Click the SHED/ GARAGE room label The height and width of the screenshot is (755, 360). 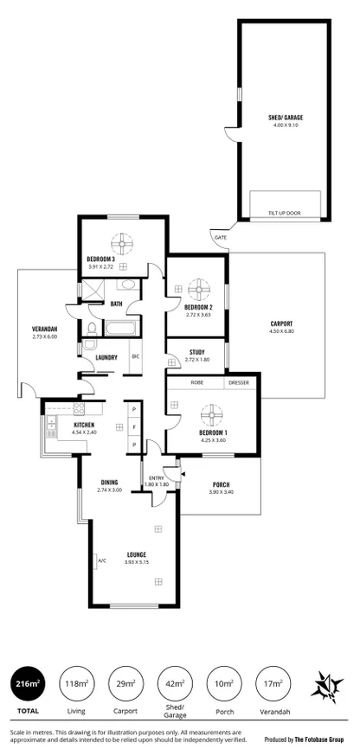click(x=285, y=117)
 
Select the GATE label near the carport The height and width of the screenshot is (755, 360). click(x=220, y=237)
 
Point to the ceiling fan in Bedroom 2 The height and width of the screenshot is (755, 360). click(x=198, y=286)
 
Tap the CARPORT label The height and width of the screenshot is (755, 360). click(x=281, y=323)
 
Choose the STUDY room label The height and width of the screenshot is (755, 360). click(x=197, y=352)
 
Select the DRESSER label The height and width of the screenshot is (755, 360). click(x=238, y=381)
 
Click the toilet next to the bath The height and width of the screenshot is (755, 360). click(x=90, y=327)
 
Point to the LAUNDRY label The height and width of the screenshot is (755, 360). click(x=106, y=357)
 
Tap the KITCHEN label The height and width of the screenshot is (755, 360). click(x=84, y=425)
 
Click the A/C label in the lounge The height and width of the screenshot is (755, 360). click(x=102, y=560)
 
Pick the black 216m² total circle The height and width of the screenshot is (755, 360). click(x=28, y=683)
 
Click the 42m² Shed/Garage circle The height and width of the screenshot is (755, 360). click(x=175, y=683)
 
